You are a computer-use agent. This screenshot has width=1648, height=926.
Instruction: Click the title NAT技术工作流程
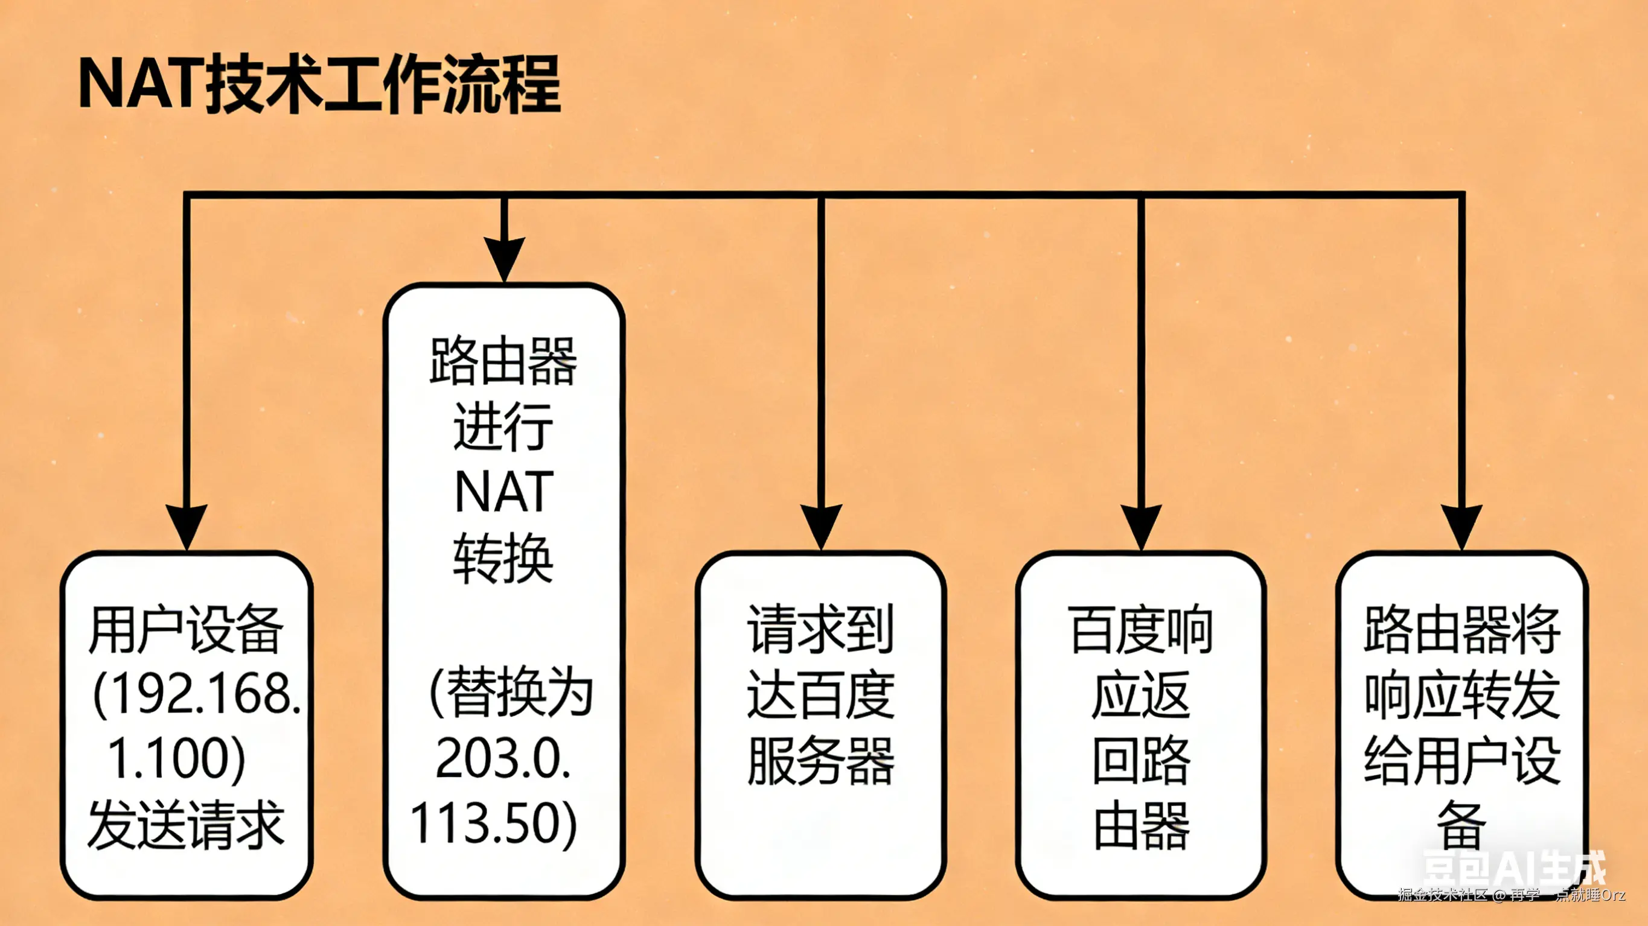coord(319,84)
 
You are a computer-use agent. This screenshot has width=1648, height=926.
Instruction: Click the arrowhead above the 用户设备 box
coord(186,524)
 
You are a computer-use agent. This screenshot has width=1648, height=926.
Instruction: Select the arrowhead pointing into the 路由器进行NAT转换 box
coord(504,257)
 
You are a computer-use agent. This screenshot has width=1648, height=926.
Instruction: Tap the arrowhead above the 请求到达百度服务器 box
coord(821,524)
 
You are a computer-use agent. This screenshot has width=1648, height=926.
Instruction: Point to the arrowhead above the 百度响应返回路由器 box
coord(1142,524)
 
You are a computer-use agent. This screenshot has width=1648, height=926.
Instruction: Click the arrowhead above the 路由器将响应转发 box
coord(1461,524)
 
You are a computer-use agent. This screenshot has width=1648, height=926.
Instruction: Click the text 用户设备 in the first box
coord(185,630)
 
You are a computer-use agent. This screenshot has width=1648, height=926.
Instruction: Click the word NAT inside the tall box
coord(503,492)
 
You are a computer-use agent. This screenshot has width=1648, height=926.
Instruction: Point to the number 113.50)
coord(493,823)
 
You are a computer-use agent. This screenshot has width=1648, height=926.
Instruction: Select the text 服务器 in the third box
coord(821,760)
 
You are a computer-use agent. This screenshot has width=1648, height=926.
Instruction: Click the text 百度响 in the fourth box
coord(1141,630)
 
